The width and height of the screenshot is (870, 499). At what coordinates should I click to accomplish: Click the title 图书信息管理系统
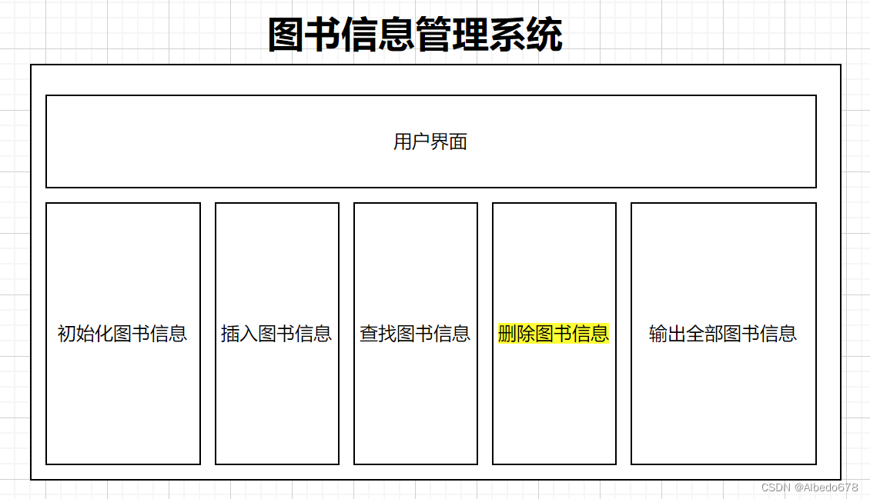(x=415, y=35)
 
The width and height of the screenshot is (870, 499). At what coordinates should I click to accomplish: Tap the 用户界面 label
(x=430, y=141)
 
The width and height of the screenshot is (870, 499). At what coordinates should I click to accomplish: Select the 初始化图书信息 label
(x=122, y=334)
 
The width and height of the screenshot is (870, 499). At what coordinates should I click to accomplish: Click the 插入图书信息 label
(x=276, y=334)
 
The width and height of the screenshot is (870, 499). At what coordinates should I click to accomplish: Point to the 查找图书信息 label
(x=415, y=334)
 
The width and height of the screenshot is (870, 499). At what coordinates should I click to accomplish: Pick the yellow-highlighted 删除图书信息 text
(x=554, y=334)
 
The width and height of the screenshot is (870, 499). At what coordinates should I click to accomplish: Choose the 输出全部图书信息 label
(x=723, y=334)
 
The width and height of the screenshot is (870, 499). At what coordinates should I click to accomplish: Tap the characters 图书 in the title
(x=305, y=35)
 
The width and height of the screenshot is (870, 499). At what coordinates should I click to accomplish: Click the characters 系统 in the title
(x=526, y=35)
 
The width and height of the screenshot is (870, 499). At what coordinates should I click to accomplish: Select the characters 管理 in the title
(x=452, y=35)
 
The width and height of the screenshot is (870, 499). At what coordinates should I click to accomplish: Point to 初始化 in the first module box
(x=85, y=334)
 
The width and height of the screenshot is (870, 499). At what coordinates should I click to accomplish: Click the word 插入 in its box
(x=239, y=334)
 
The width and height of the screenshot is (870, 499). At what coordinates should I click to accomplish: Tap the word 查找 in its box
(x=378, y=334)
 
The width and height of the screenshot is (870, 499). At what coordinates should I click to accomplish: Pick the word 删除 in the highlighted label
(x=517, y=334)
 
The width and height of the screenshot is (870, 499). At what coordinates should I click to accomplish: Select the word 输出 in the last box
(x=668, y=334)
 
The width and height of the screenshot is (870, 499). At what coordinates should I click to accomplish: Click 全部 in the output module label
(x=704, y=334)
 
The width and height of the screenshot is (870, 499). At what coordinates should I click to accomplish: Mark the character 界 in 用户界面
(x=440, y=141)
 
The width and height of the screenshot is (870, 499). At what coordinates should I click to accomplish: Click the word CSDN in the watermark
(x=775, y=487)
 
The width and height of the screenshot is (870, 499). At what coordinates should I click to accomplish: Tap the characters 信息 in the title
(x=378, y=35)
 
